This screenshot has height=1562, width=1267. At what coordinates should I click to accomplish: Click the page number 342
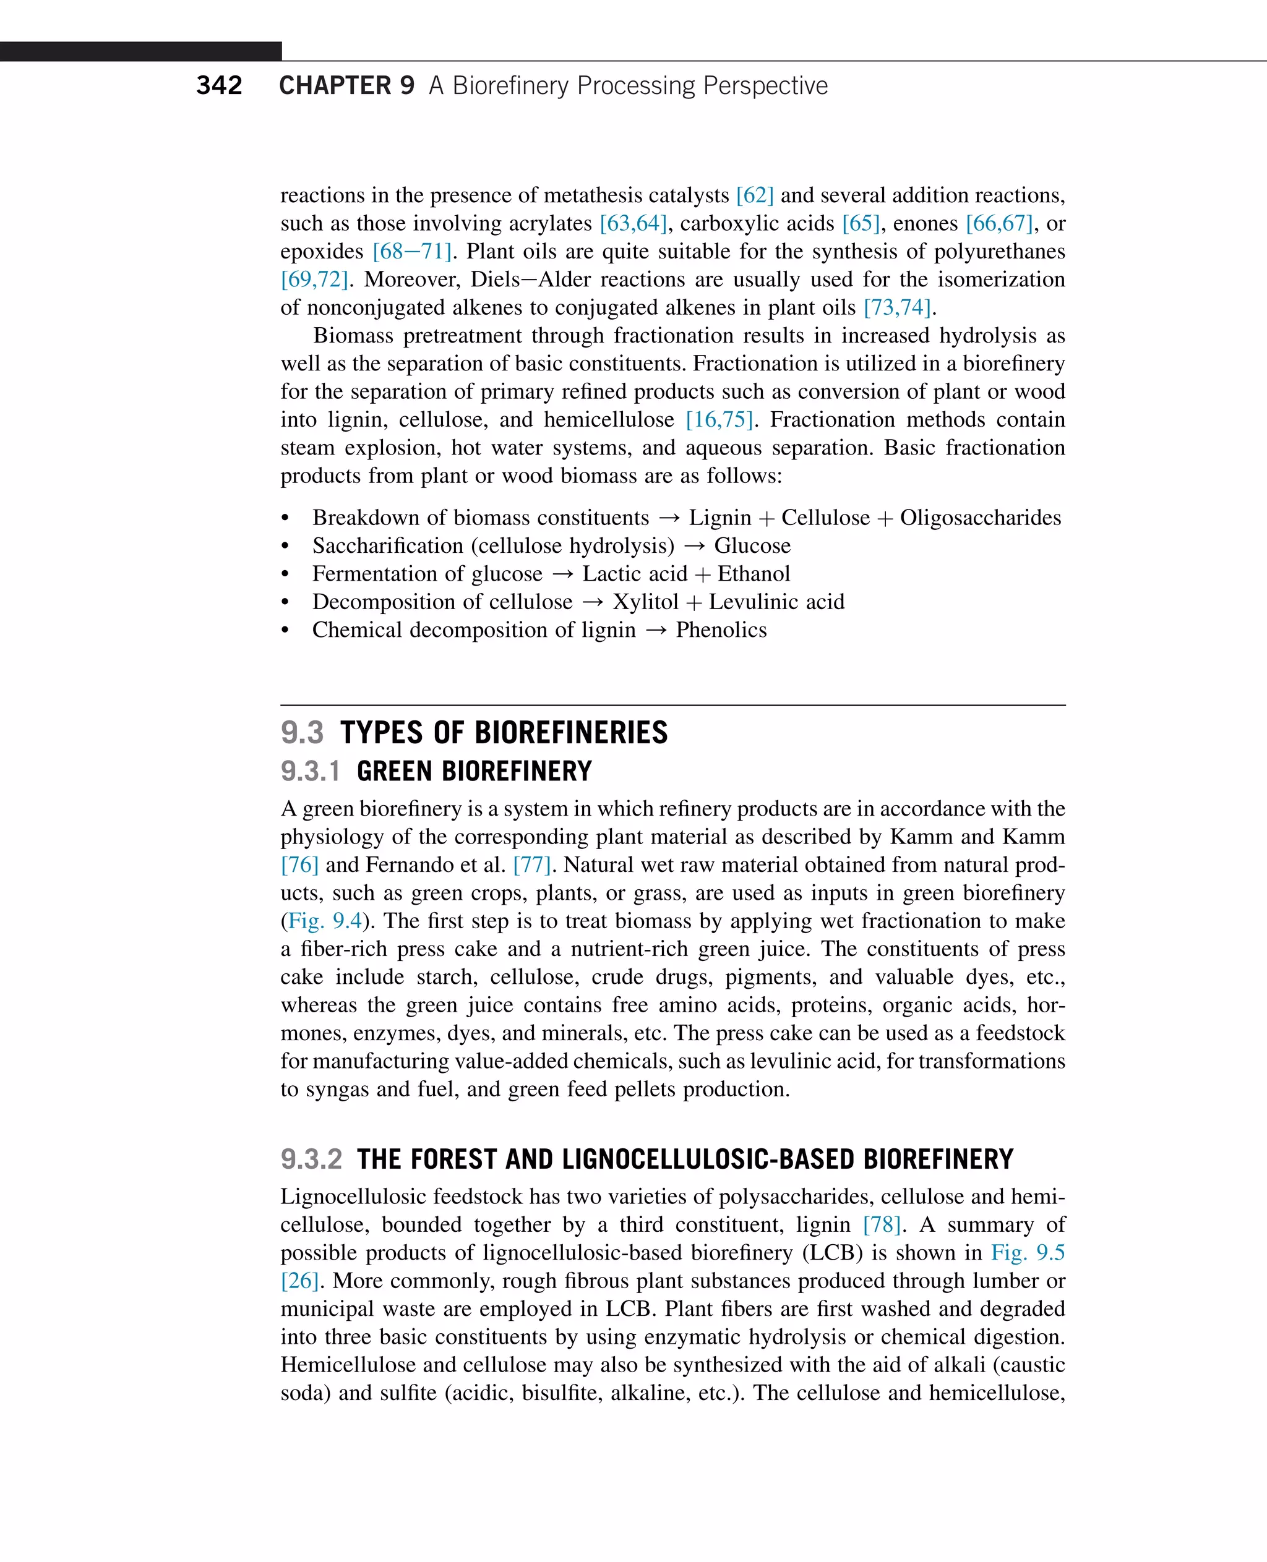pos(219,85)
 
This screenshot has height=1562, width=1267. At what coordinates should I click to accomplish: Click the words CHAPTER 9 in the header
pos(346,85)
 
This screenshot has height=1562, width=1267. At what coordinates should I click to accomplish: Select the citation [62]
pos(755,195)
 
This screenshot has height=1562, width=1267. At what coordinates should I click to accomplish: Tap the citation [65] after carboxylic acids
pos(861,223)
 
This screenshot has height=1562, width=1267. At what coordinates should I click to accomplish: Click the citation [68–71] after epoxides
pos(411,252)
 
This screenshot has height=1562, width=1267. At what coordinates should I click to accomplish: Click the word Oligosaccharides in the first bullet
pos(980,518)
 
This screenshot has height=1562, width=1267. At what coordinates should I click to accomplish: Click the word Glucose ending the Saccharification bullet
pos(752,546)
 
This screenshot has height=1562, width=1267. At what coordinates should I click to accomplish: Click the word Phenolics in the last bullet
pos(721,630)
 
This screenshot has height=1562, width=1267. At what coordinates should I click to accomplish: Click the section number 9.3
pos(302,733)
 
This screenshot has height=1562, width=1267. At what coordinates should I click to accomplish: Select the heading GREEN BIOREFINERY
pos(474,771)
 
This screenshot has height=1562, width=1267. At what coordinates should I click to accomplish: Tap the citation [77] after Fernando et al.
pos(531,865)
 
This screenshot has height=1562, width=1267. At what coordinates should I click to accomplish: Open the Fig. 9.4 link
pos(325,921)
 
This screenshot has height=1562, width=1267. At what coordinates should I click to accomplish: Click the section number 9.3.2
pos(311,1159)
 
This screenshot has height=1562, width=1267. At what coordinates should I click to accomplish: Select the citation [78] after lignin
pos(882,1225)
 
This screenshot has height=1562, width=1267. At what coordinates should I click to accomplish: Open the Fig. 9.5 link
pos(1027,1253)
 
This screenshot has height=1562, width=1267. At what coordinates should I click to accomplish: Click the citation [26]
pos(300,1281)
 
